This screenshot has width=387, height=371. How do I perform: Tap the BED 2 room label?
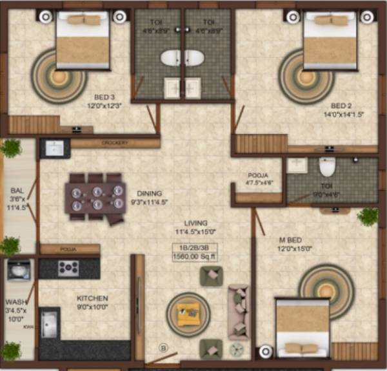click(x=342, y=106)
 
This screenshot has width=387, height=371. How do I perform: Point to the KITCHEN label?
click(x=92, y=299)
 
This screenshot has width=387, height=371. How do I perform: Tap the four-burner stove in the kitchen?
click(x=69, y=267)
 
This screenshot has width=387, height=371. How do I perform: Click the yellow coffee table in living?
click(x=188, y=314)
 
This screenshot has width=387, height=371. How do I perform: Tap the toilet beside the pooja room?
click(x=328, y=167)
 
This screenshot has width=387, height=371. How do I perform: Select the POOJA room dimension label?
click(x=259, y=182)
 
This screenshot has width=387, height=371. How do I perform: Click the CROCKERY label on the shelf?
click(x=115, y=143)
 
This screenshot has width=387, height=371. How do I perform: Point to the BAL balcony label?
click(x=17, y=191)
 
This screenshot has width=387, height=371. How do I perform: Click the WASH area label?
click(x=15, y=301)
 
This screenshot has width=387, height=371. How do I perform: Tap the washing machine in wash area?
click(x=18, y=270)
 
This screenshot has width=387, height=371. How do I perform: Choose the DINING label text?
click(x=148, y=193)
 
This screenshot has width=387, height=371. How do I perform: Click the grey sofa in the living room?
click(x=238, y=311)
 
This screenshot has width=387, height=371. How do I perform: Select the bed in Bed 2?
click(x=330, y=44)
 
